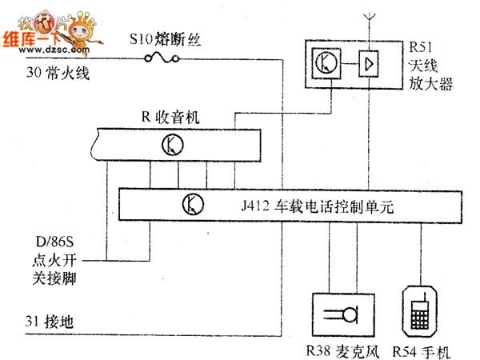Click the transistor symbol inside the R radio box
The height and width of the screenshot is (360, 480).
[173, 144]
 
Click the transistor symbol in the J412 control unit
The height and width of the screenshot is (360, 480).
[194, 204]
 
